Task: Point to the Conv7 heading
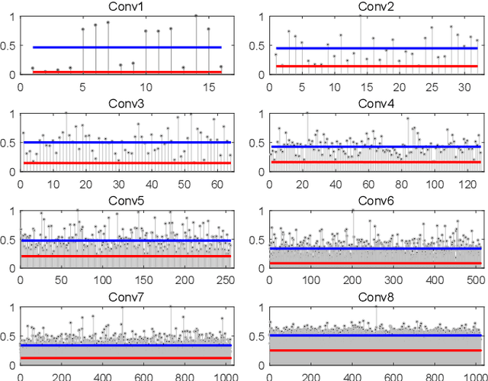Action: pyautogui.click(x=127, y=296)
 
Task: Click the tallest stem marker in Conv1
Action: pyautogui.click(x=196, y=15)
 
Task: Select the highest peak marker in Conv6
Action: pyautogui.click(x=352, y=210)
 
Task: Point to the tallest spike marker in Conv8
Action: pyautogui.click(x=376, y=307)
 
